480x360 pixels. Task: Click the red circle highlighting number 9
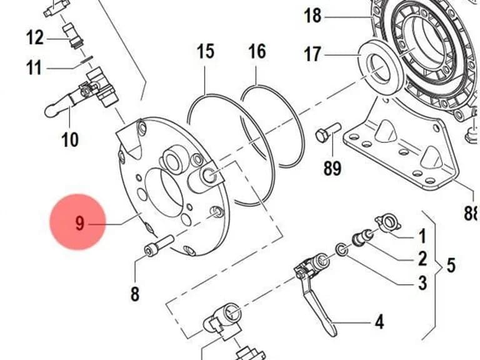(x=77, y=222)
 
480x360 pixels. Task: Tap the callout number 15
(x=205, y=51)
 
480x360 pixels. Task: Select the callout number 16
(x=257, y=51)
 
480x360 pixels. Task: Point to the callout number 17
(x=312, y=54)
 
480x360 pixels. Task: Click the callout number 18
(x=312, y=16)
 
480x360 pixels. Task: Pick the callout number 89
(x=332, y=167)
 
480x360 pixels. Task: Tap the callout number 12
(x=35, y=37)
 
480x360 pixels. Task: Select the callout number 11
(x=34, y=67)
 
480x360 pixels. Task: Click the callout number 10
(x=70, y=139)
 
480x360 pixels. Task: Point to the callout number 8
(x=135, y=294)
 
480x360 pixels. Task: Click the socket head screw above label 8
(x=159, y=246)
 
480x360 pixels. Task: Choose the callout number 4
(x=379, y=322)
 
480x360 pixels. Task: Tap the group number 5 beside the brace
(x=451, y=265)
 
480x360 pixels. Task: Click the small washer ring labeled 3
(x=342, y=249)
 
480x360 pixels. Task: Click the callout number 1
(x=422, y=236)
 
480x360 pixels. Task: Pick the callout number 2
(x=422, y=258)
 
